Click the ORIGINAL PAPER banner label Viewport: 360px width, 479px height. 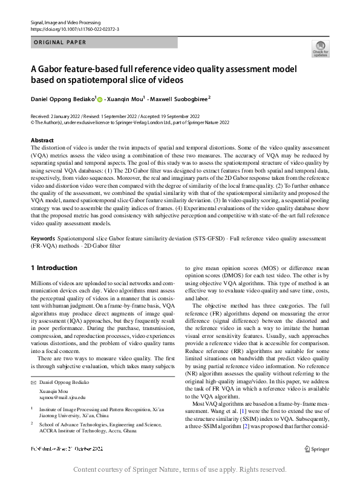pos(60,42)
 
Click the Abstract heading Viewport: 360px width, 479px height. pos(42,140)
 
